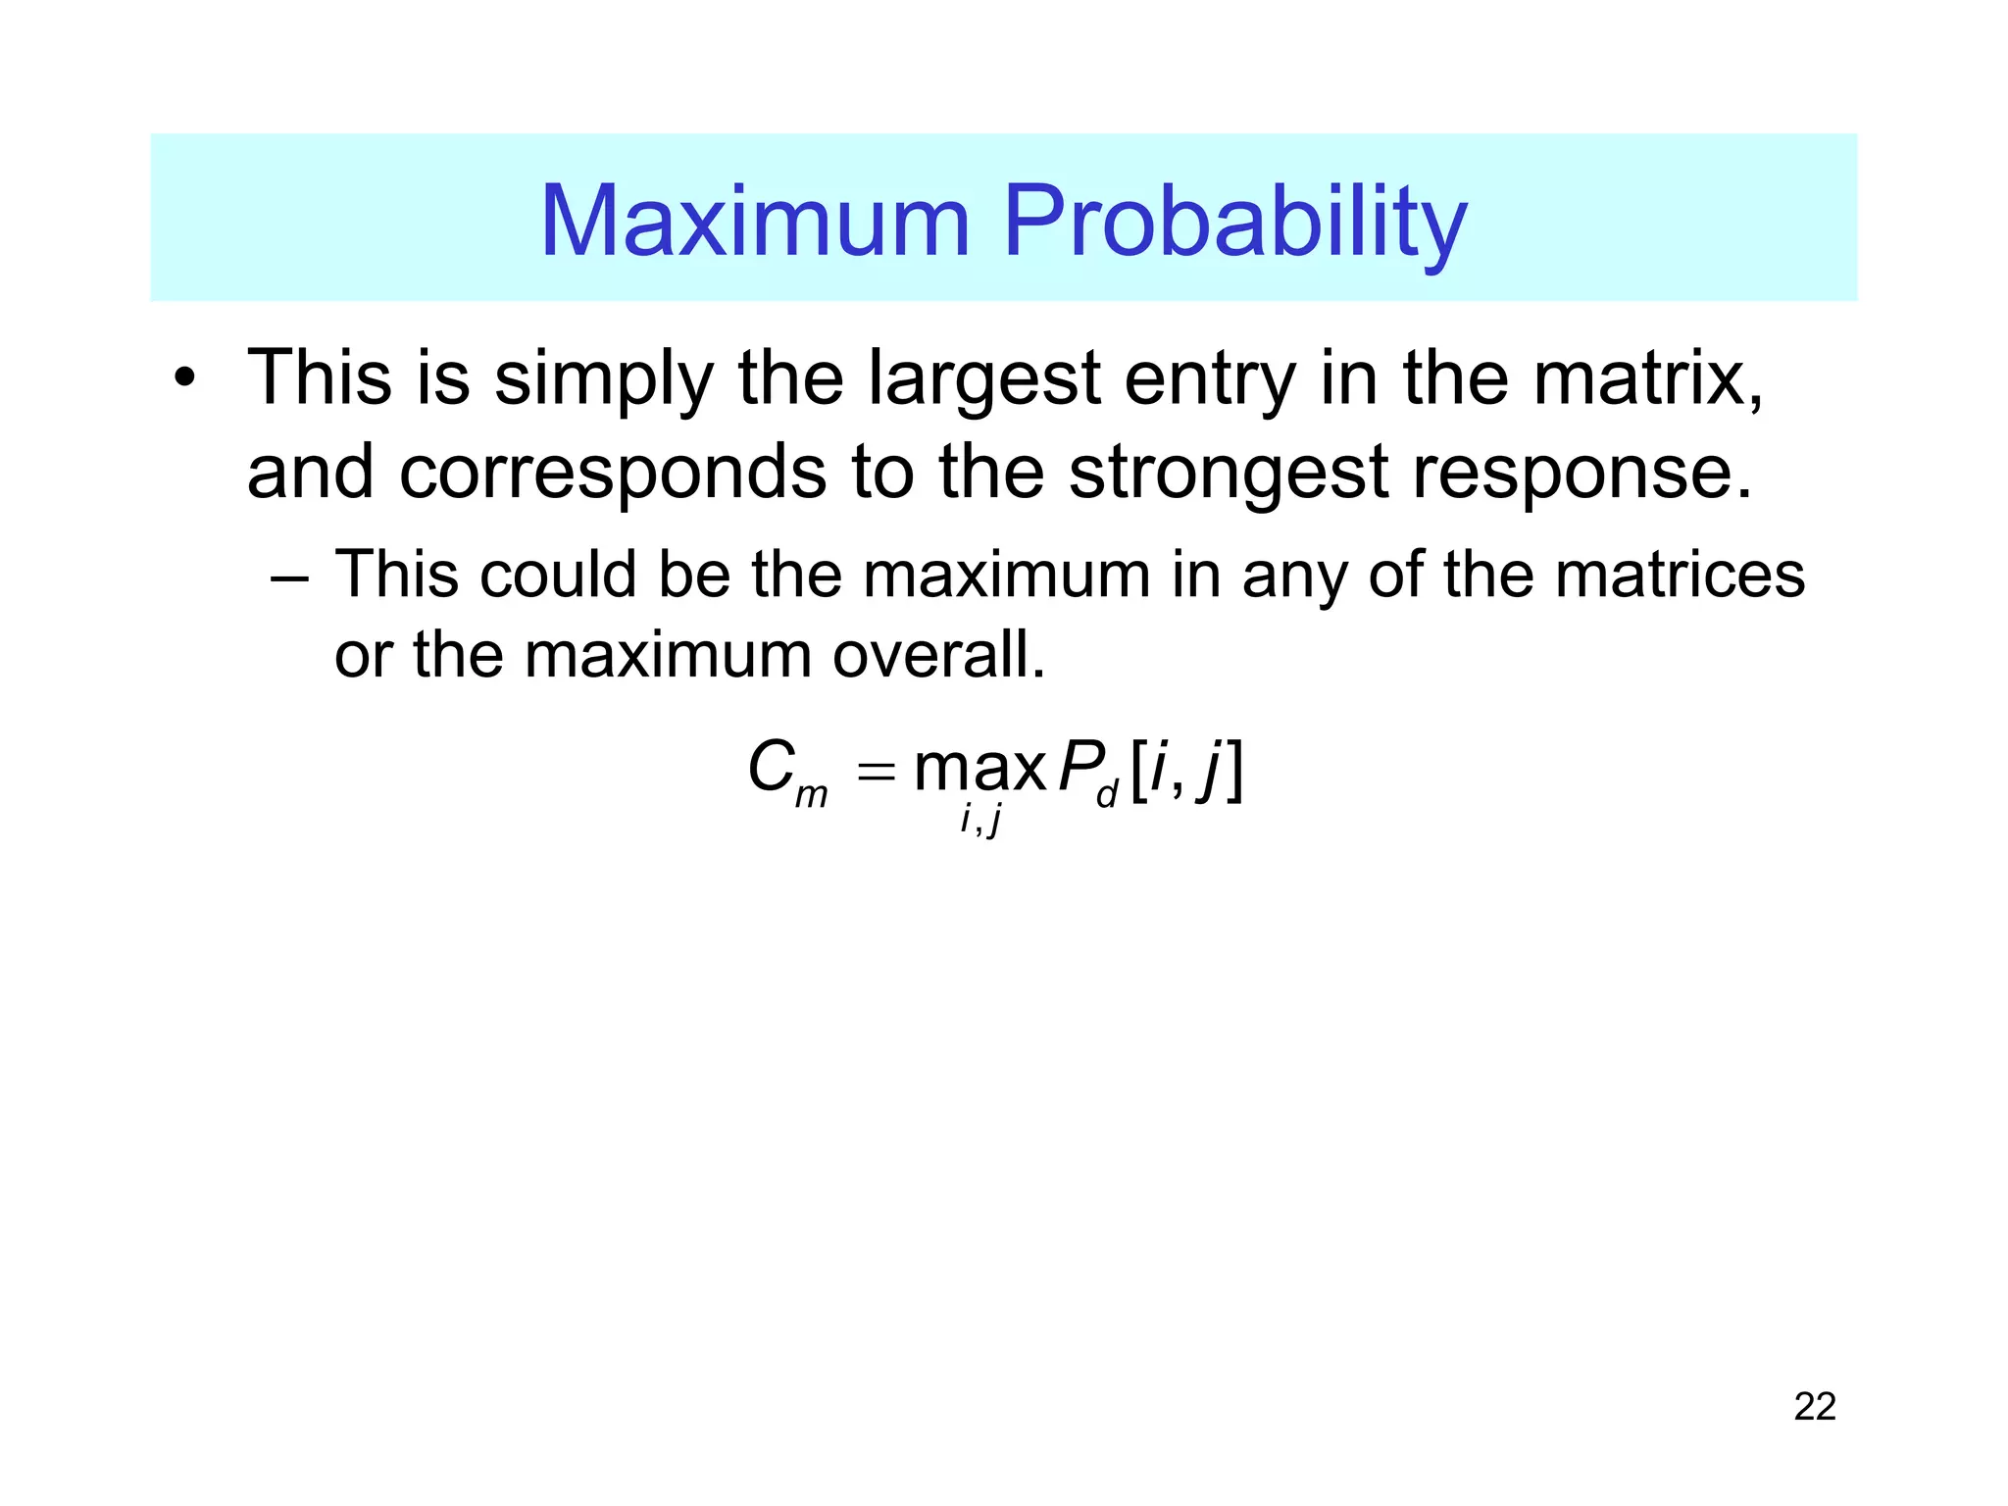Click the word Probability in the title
[1234, 224]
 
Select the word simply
[603, 380]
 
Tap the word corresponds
[614, 474]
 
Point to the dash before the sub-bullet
[289, 577]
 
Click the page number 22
[1814, 1407]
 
